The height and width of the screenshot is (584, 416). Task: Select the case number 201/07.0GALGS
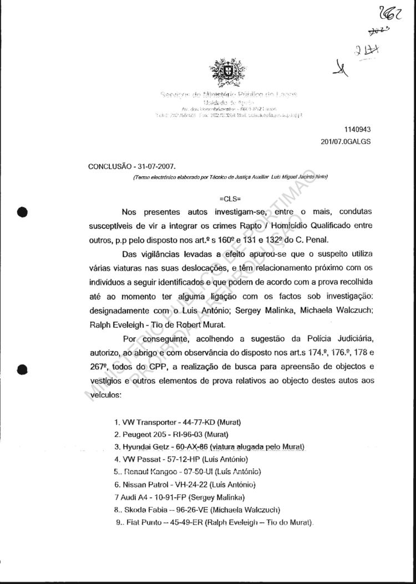346,141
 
